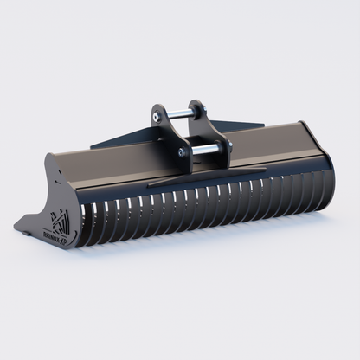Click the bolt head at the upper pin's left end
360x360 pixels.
point(157,112)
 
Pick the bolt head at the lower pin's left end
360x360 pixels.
point(183,152)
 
